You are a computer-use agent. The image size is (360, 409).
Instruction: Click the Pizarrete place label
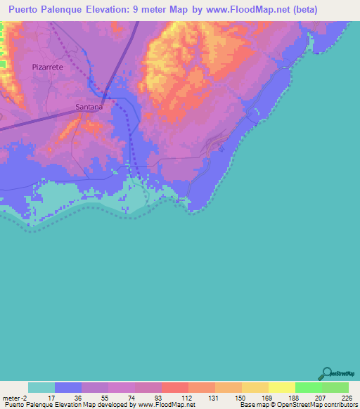(x=48, y=66)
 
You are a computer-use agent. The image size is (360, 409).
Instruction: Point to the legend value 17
(x=51, y=397)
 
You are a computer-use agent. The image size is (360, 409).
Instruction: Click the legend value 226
(x=345, y=397)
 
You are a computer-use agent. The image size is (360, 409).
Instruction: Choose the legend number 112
(x=185, y=397)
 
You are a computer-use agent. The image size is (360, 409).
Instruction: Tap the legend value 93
(x=159, y=397)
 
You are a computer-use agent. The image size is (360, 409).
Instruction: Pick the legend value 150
(x=238, y=397)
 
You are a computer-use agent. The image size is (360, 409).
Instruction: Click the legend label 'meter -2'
(x=14, y=397)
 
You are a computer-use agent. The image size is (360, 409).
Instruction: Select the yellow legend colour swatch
(x=281, y=387)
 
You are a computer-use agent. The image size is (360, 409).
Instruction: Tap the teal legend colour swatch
(x=41, y=387)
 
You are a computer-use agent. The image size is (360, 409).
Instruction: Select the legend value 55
(x=105, y=397)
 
